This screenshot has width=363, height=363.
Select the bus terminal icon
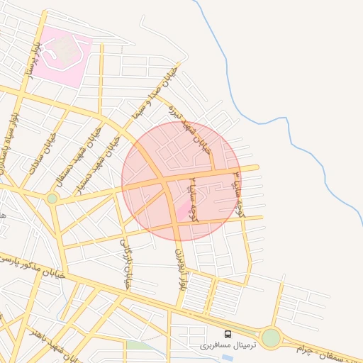tap(228, 333)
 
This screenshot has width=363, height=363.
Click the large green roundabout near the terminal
tap(271, 337)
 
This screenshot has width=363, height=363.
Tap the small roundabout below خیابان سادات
tap(52, 199)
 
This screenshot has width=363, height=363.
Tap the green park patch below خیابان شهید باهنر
tap(138, 346)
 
